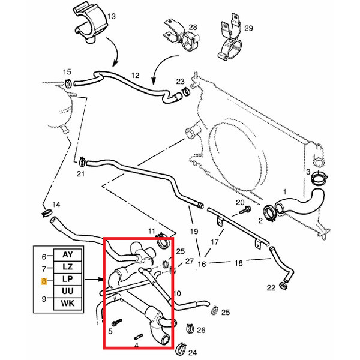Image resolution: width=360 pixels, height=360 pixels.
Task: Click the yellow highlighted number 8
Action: click(43, 280)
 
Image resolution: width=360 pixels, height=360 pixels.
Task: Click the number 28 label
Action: click(193, 28)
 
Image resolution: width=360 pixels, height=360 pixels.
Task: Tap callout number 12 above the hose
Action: click(135, 76)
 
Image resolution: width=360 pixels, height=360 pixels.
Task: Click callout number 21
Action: click(82, 174)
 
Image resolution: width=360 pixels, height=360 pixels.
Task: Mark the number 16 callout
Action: click(202, 264)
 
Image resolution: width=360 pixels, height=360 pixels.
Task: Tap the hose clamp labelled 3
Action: click(320, 178)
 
